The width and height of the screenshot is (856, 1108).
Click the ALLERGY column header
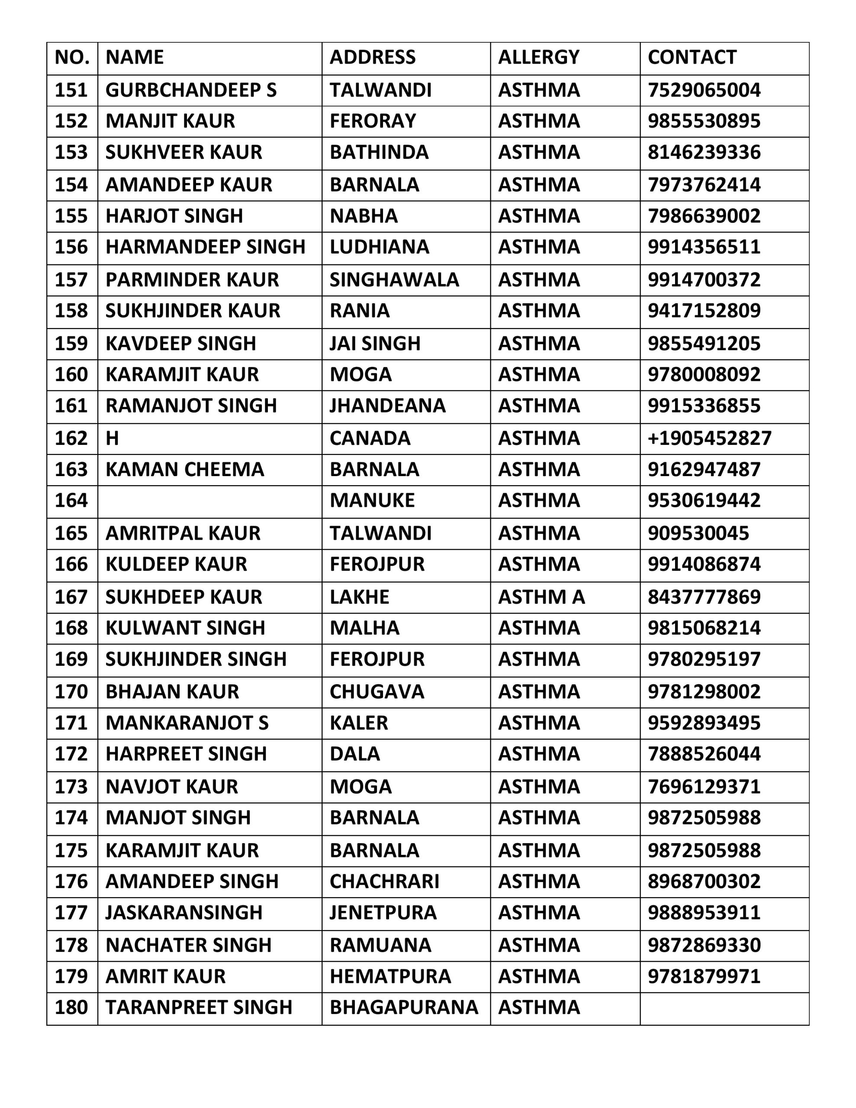click(x=538, y=57)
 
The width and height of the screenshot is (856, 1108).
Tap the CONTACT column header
click(x=692, y=57)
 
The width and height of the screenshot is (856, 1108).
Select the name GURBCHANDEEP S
click(x=191, y=90)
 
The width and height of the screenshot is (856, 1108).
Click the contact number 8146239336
click(x=704, y=152)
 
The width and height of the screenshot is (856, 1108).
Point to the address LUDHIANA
click(x=379, y=247)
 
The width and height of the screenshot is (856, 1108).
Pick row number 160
click(x=71, y=374)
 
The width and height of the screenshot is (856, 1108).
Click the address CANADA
click(x=370, y=438)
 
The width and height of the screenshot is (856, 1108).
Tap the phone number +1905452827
click(x=709, y=438)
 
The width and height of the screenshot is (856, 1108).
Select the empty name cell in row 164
click(x=209, y=501)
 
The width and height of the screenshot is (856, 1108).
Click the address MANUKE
click(x=372, y=501)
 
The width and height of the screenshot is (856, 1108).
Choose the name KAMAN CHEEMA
click(x=185, y=469)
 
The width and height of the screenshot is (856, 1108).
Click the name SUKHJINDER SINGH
click(x=196, y=659)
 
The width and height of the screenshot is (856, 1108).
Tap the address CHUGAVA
click(x=377, y=692)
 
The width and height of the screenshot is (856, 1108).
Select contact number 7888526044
click(x=704, y=754)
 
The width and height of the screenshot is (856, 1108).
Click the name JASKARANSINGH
click(x=183, y=913)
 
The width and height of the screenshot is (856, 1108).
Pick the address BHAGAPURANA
click(x=404, y=1007)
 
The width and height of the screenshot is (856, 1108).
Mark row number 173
click(x=71, y=786)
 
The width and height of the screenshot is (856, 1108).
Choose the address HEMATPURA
click(x=390, y=976)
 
